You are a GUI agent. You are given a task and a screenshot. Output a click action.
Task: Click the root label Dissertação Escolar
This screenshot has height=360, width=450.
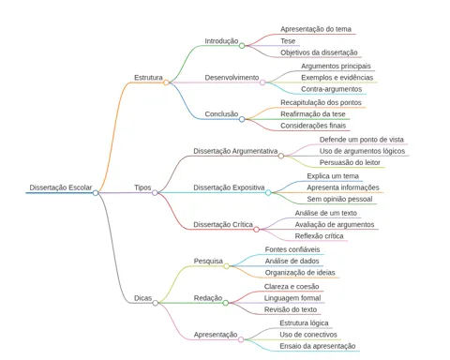pos(61,187)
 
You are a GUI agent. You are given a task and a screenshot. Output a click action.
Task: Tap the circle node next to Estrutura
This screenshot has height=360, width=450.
pos(166,82)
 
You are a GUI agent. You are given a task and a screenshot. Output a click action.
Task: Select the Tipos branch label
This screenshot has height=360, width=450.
pos(142,187)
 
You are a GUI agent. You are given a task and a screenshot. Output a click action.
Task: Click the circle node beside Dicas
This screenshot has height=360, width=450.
pos(156,303)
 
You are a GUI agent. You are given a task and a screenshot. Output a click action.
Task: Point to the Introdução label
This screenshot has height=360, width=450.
pos(221,41)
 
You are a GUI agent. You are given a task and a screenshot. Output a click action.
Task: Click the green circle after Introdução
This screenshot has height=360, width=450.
pos(242,46)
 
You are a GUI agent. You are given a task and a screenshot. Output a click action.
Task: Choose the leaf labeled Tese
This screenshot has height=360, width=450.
pos(288,41)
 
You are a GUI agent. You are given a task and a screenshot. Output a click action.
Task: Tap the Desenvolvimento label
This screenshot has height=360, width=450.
pos(232,78)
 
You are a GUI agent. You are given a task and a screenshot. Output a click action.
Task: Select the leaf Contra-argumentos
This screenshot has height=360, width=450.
pos(332,89)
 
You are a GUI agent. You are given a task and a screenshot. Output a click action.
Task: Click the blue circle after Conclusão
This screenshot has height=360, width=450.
pos(242,119)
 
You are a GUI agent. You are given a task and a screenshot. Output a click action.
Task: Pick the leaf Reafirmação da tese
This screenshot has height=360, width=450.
pos(313,114)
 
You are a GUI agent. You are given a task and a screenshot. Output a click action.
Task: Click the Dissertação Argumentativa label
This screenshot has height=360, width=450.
pos(235,151)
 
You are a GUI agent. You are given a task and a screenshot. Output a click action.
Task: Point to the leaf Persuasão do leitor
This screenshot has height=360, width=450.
pos(350,162)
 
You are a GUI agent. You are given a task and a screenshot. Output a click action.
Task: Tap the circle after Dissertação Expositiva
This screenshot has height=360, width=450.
pos(268,192)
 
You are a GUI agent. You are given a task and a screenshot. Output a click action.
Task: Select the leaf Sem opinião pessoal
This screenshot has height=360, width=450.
pos(339,199)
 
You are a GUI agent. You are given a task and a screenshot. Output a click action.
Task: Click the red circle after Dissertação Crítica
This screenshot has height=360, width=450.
pos(256,230)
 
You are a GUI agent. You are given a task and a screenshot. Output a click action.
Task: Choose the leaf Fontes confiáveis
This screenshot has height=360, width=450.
pos(292,249)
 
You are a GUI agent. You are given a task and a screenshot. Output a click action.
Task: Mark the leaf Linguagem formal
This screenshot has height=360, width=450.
pos(292,298)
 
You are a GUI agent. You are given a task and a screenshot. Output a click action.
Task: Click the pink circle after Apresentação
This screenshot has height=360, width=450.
pos(241,339)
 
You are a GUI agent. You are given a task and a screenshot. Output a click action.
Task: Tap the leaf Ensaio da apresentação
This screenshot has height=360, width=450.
pos(318,346)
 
